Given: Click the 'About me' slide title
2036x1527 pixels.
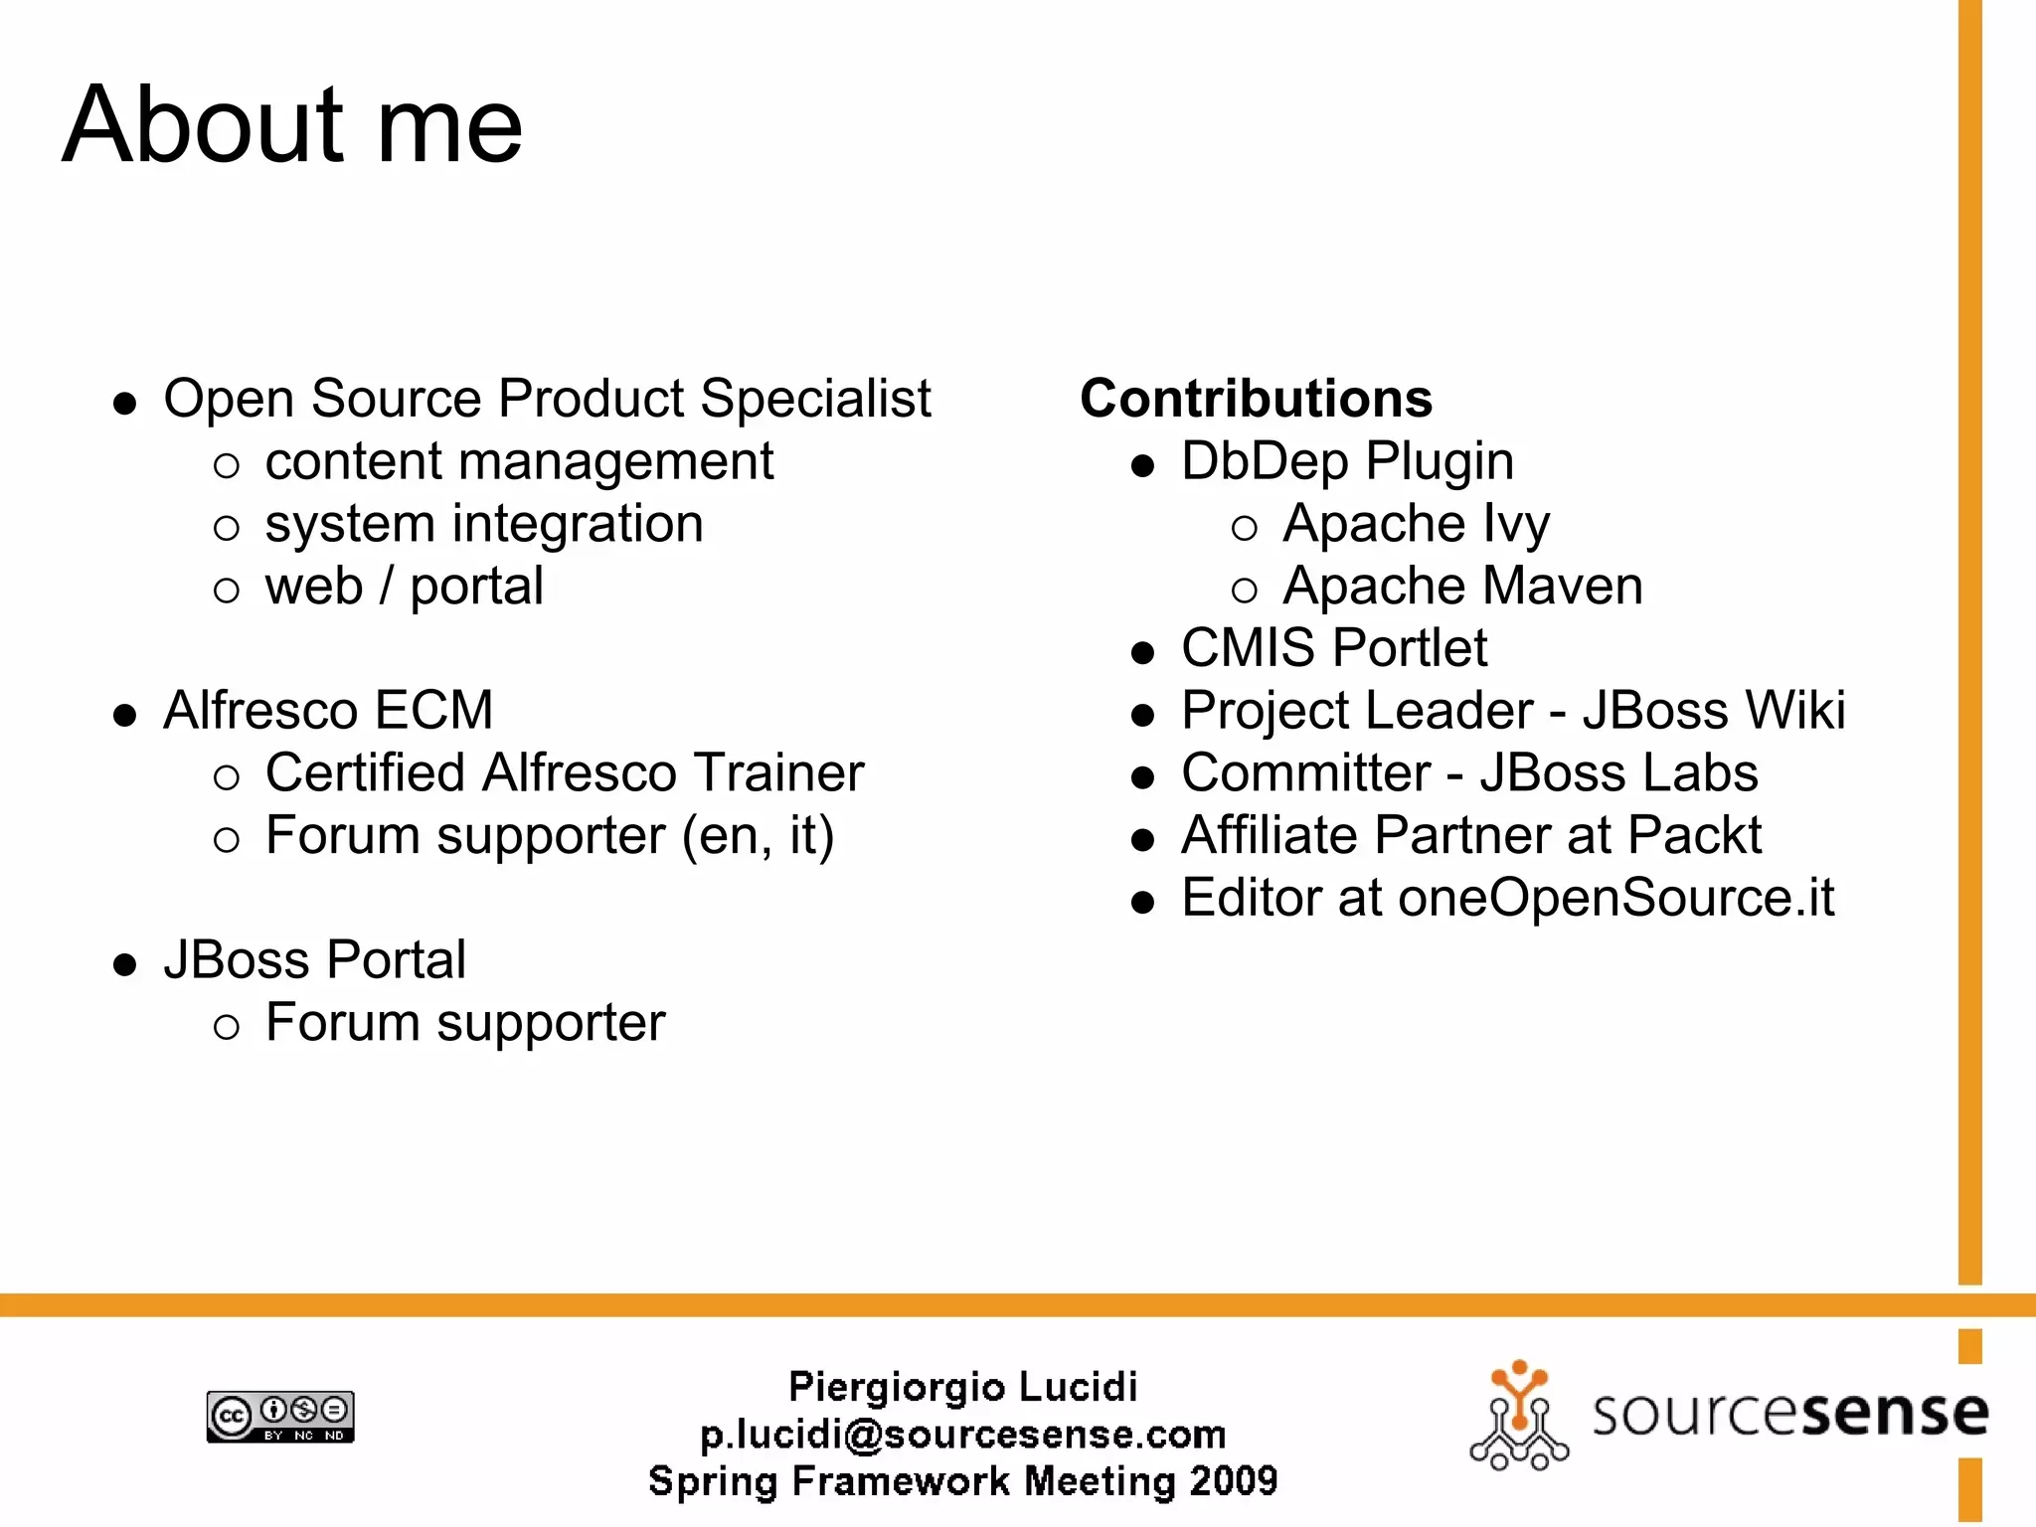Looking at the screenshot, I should tap(292, 125).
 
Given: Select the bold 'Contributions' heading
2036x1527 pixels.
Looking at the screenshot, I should tap(1256, 399).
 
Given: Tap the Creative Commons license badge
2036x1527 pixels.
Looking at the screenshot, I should tap(280, 1417).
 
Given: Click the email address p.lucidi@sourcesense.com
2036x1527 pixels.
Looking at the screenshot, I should tap(962, 1434).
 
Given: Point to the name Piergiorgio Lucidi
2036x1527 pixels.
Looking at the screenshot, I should tap(962, 1387).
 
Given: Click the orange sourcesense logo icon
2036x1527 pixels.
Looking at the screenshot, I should tap(1518, 1416).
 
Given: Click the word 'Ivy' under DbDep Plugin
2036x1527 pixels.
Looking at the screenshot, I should tap(1516, 524).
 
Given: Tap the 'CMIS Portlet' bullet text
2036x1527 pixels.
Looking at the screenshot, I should tap(1334, 648).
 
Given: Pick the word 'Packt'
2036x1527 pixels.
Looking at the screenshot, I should tap(1694, 835).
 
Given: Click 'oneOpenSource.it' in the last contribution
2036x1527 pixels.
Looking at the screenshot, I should tap(1615, 898).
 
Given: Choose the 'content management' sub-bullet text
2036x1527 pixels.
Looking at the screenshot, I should tap(519, 461).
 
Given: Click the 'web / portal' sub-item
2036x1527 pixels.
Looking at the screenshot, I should tap(404, 586).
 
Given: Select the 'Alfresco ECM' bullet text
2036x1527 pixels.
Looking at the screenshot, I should tap(328, 711).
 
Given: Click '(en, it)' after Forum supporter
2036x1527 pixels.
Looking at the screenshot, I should tap(758, 835).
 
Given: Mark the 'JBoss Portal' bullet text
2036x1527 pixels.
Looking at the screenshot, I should tap(314, 960).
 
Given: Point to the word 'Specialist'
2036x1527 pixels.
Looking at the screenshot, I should tap(815, 399).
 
